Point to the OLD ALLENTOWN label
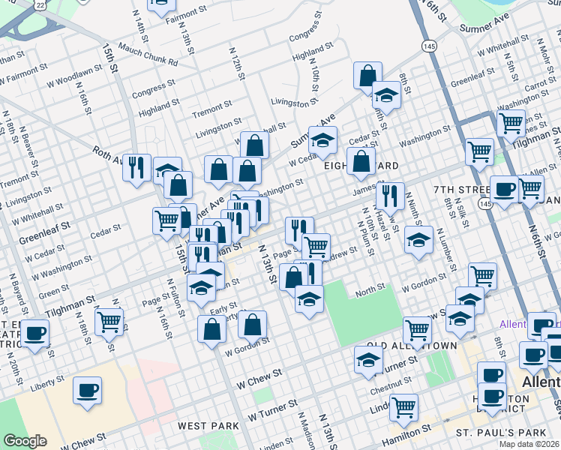(x=415, y=346)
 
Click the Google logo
(x=25, y=441)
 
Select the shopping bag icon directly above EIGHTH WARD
(x=361, y=160)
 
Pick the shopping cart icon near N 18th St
(x=109, y=322)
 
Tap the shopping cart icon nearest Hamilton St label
(x=403, y=407)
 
